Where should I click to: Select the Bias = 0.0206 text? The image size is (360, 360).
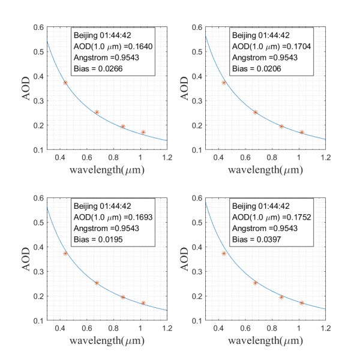tap(257, 69)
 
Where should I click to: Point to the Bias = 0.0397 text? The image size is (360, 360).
tap(257, 239)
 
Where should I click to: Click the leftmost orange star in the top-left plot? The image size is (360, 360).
tap(65, 83)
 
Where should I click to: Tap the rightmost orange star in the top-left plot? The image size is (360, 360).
tap(143, 132)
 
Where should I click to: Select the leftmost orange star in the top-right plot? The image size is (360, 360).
tap(224, 83)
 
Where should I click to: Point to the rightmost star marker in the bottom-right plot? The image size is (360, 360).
tap(302, 303)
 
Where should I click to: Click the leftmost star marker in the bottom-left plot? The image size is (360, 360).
tap(65, 253)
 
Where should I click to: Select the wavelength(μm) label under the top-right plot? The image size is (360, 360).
tap(266, 172)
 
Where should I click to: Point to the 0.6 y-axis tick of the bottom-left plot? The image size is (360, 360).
tap(38, 198)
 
